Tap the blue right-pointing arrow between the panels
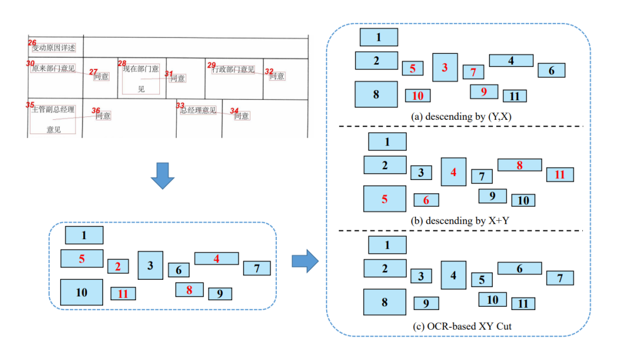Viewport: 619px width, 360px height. (x=305, y=261)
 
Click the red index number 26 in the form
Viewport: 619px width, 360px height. (x=32, y=43)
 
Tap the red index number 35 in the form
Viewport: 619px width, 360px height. (x=30, y=105)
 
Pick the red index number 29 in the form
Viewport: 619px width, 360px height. (x=211, y=65)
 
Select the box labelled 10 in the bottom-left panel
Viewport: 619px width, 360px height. (x=81, y=292)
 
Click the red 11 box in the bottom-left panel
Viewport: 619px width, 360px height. (x=123, y=294)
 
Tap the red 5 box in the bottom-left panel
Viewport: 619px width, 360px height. (x=82, y=259)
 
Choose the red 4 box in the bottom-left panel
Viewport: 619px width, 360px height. (x=217, y=259)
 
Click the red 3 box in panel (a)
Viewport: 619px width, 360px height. (x=445, y=68)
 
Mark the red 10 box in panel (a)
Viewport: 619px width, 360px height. (x=418, y=95)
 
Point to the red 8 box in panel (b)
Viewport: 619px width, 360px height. (x=519, y=165)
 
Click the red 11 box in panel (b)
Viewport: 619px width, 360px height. (x=560, y=174)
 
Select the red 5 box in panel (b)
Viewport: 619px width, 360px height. (x=385, y=199)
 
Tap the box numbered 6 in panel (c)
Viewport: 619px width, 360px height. (x=519, y=268)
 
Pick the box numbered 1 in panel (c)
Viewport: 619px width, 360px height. (x=387, y=245)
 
